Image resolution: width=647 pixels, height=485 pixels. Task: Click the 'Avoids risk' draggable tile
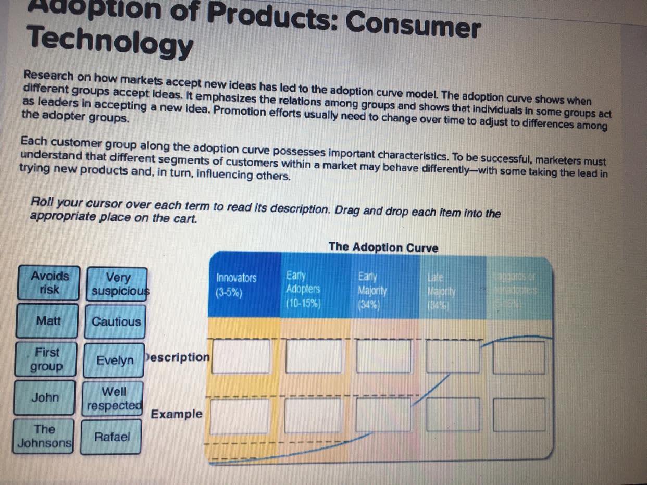tap(50, 282)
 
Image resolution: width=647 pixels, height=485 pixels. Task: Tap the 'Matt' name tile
tap(48, 321)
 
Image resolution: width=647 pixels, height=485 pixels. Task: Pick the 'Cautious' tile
tap(116, 321)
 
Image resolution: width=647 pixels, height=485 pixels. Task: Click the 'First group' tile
tap(47, 359)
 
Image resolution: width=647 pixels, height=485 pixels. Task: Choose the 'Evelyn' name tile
tap(115, 360)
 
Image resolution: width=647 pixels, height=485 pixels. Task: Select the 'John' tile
tap(45, 397)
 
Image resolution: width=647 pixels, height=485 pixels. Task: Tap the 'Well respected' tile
tap(114, 399)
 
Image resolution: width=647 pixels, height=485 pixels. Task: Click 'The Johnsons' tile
tap(44, 436)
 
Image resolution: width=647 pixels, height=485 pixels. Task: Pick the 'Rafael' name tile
tap(112, 437)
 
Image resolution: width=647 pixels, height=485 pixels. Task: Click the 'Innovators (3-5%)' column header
tap(237, 285)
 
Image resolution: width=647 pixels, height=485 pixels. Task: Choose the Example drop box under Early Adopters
tap(312, 415)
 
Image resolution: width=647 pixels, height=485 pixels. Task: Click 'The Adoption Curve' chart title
tap(383, 247)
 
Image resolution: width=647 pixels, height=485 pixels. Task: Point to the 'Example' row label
tap(177, 414)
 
